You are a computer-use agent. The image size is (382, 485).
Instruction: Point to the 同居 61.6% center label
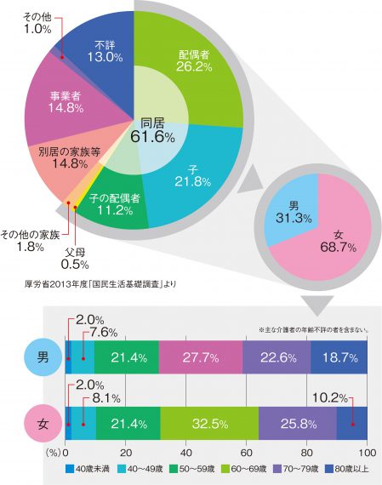152,130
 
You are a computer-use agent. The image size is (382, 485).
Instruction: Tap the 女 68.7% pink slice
337,238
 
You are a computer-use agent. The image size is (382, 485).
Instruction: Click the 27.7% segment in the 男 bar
201,357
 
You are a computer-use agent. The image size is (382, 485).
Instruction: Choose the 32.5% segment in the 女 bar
209,423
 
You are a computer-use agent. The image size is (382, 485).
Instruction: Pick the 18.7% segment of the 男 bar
339,357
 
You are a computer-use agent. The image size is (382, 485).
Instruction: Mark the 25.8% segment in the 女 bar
298,423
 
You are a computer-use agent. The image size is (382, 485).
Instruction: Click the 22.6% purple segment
277,357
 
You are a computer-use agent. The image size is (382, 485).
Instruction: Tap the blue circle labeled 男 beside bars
43,357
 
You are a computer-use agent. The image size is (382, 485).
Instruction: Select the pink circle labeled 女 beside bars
43,424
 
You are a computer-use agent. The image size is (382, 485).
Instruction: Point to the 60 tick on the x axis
246,453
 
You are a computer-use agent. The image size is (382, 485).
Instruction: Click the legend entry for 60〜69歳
244,469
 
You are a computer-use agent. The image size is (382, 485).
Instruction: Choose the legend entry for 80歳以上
347,469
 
